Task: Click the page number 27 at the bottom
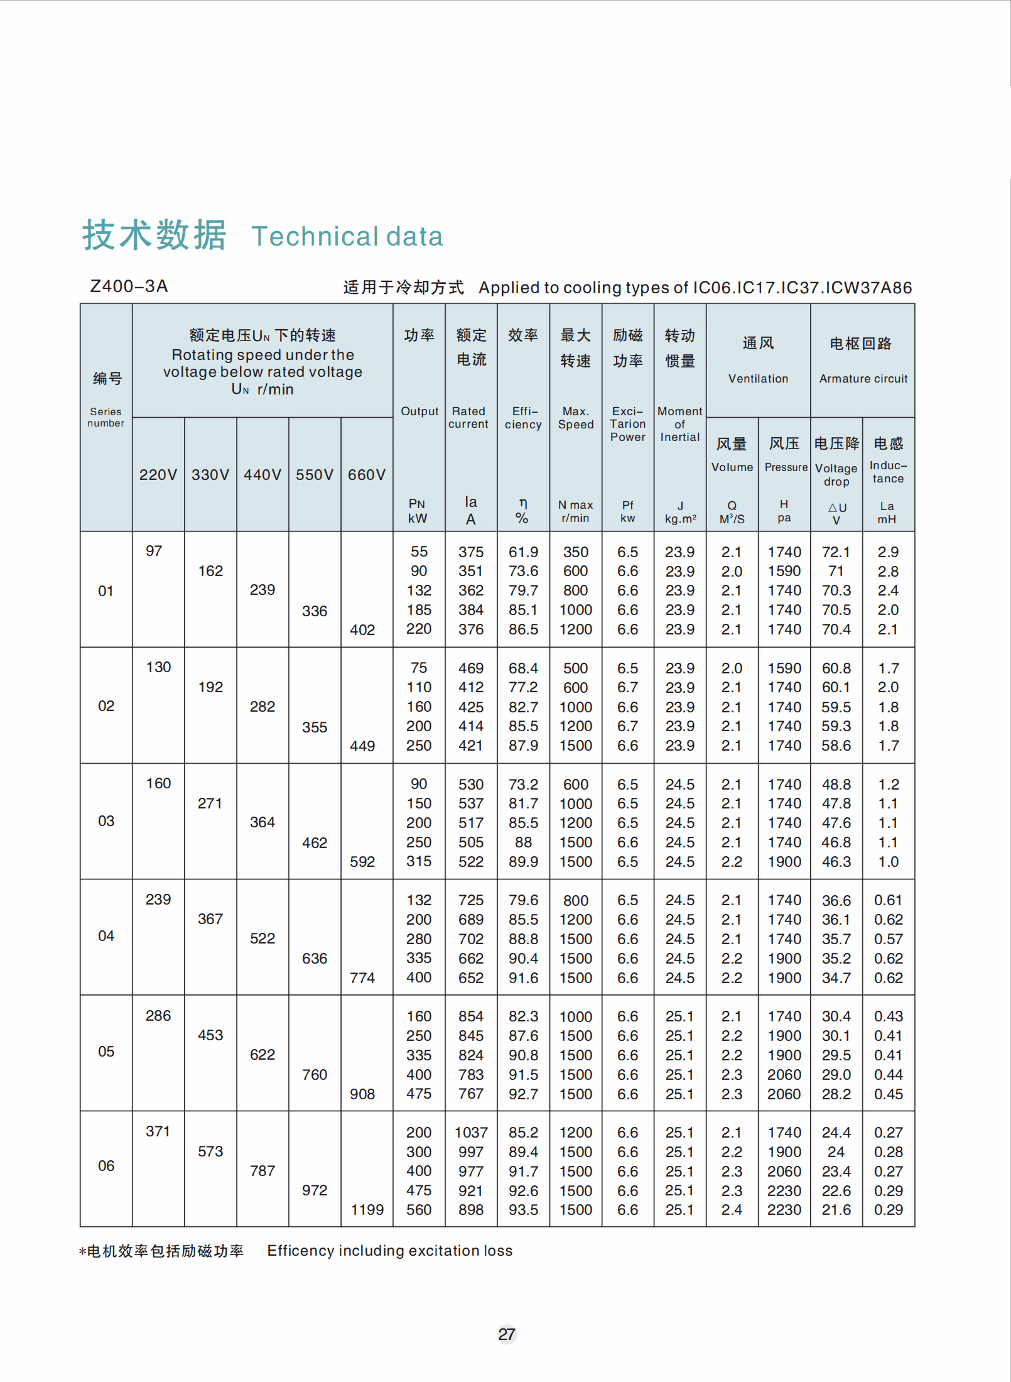507,1334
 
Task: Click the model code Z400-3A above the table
129,286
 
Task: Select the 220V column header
158,475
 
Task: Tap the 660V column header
367,475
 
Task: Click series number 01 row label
105,591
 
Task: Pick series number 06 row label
106,1166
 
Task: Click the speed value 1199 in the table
367,1210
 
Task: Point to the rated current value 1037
471,1133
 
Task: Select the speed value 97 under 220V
154,551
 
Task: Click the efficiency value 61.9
523,552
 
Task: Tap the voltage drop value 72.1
836,552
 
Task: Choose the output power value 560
419,1210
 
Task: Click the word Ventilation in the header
758,379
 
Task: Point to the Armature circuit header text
863,379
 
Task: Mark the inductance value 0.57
888,939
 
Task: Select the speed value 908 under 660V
362,1094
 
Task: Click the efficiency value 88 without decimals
523,842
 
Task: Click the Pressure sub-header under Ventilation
786,467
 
